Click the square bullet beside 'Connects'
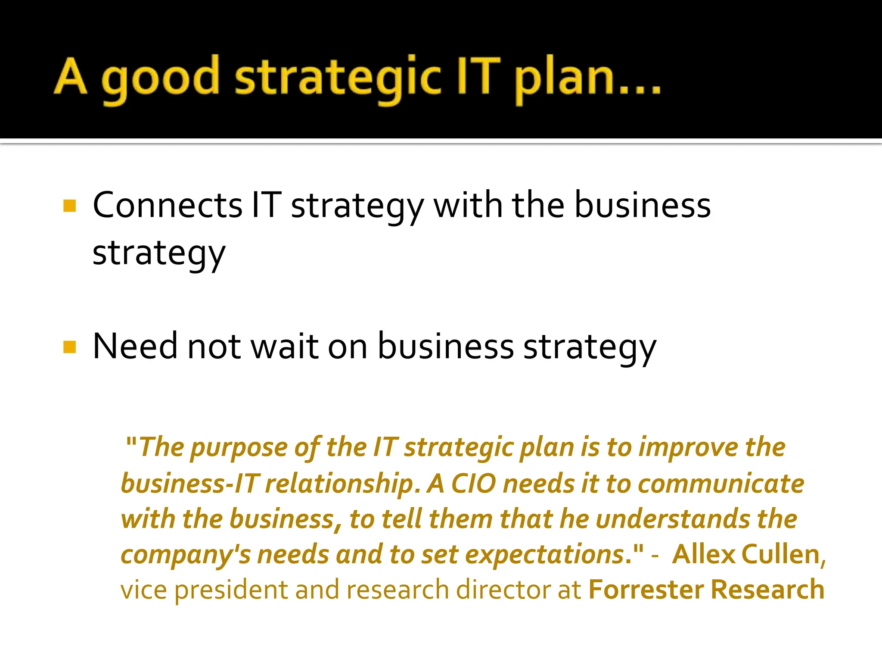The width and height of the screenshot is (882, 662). click(x=69, y=206)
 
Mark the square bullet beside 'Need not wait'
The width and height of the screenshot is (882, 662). click(x=69, y=347)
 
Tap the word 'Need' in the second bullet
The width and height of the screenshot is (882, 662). click(x=135, y=346)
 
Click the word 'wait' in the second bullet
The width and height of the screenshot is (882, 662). click(x=285, y=346)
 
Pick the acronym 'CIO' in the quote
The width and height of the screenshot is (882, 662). click(x=473, y=484)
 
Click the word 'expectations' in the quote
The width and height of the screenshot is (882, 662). click(x=545, y=555)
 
